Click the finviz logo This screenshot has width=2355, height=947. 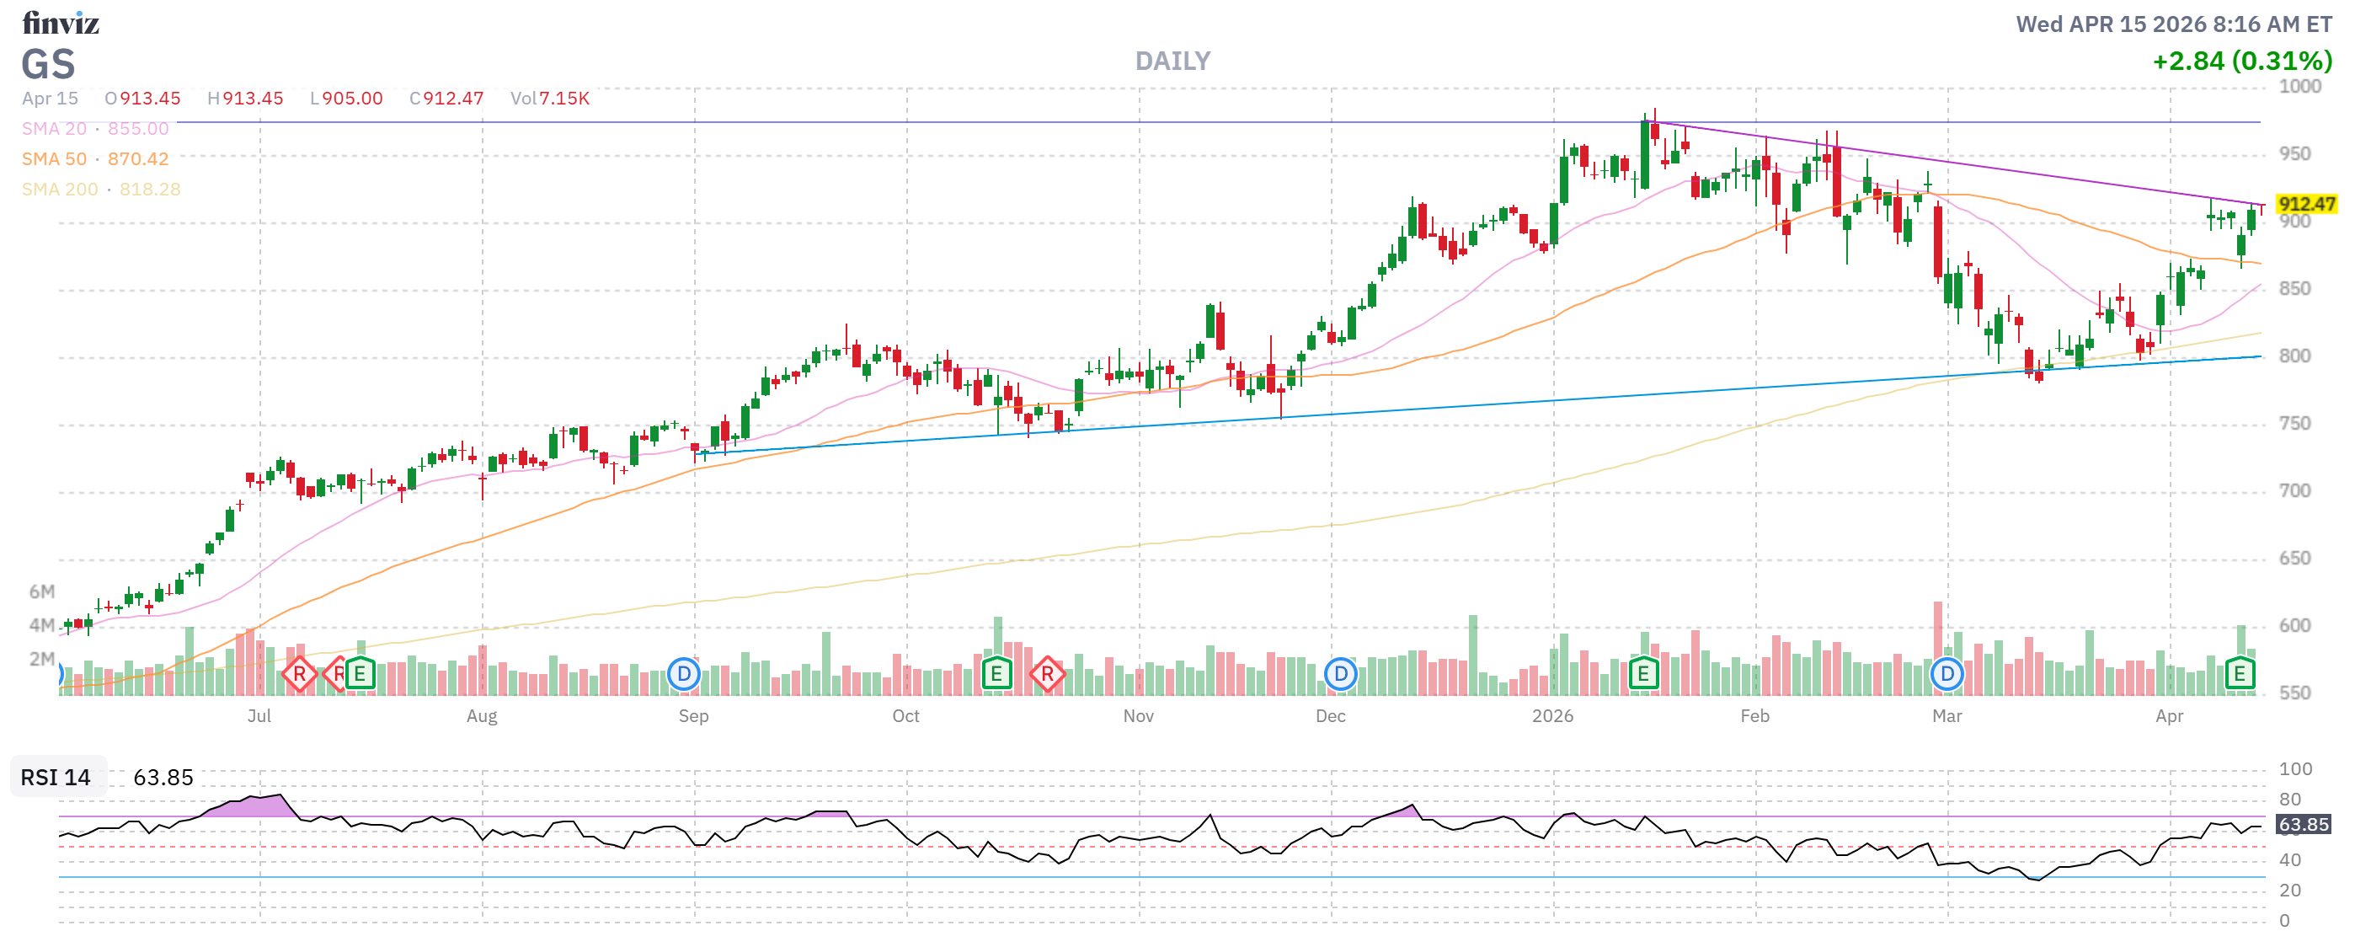(x=61, y=22)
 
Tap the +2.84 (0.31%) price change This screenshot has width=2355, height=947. (x=2240, y=62)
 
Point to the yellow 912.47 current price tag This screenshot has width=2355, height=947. (x=2305, y=204)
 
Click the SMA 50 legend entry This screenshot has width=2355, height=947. (x=95, y=159)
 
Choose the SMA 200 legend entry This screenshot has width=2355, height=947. (x=100, y=190)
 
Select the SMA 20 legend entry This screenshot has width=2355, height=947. (x=95, y=129)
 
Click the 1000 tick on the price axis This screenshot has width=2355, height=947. (x=2299, y=87)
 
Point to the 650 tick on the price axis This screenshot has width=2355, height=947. (x=2294, y=559)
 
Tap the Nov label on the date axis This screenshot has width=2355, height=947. (x=1137, y=716)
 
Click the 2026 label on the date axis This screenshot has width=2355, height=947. (x=1552, y=716)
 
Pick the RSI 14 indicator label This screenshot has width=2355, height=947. (x=56, y=777)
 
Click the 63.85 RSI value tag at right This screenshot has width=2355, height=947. (x=2303, y=825)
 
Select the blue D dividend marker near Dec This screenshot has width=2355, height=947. (x=1340, y=675)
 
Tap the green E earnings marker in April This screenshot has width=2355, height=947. (x=2239, y=675)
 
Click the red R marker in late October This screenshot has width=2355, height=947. (x=1047, y=675)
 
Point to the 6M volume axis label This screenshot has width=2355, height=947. (x=41, y=591)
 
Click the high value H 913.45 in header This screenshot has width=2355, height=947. (x=245, y=99)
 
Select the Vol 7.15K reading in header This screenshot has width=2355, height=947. (x=549, y=99)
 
